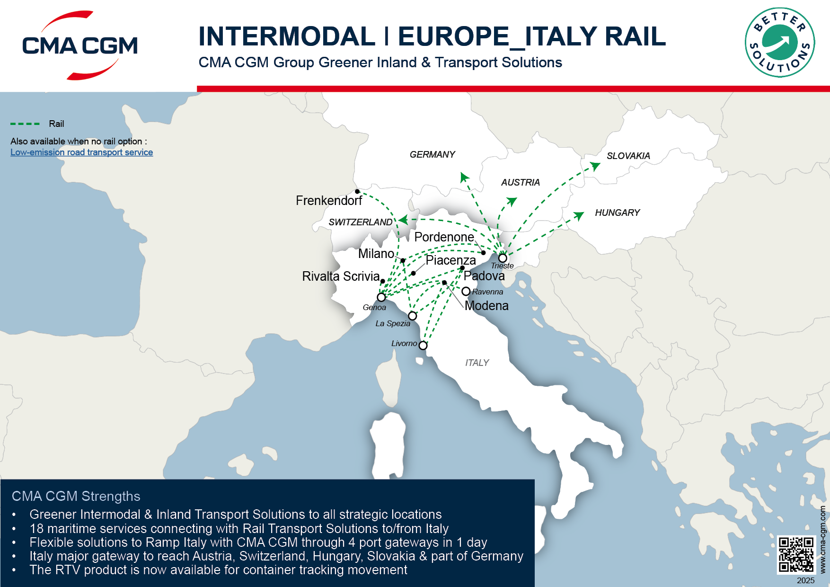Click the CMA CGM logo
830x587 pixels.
79,45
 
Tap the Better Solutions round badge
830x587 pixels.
779,42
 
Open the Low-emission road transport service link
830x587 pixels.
81,152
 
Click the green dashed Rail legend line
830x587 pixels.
25,124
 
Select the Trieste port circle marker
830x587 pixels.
503,258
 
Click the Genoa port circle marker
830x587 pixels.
381,297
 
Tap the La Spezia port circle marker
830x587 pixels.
413,316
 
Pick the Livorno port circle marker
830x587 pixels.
423,346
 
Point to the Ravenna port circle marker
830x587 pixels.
466,291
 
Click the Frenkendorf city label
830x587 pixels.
329,201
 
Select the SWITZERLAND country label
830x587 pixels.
360,222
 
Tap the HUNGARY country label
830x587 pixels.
617,213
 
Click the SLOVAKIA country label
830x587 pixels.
628,156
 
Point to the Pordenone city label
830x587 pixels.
444,237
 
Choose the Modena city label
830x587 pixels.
486,306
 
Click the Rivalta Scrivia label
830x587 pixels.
341,276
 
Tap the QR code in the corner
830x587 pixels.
796,555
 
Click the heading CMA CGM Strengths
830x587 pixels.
76,496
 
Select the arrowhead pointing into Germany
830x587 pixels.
464,177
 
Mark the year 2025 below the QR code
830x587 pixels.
805,580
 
